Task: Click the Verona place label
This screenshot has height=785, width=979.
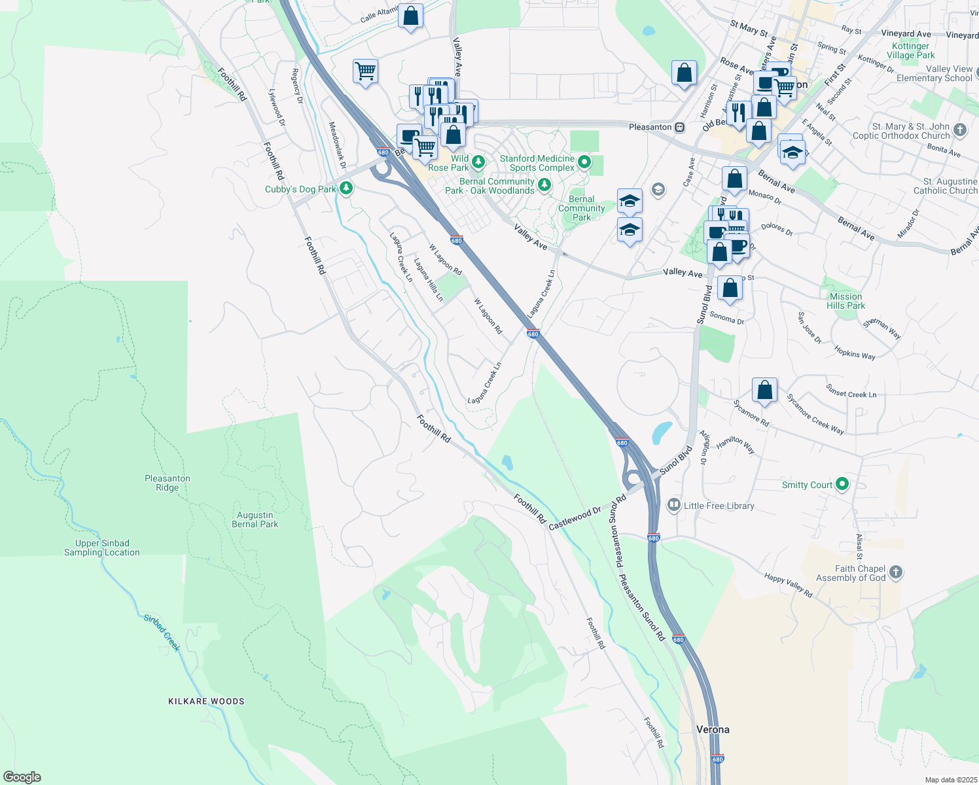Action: pyautogui.click(x=712, y=729)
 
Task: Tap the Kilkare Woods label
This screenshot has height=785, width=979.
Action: pyautogui.click(x=206, y=701)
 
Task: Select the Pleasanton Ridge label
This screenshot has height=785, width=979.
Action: pyautogui.click(x=168, y=483)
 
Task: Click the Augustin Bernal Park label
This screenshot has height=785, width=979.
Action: pyautogui.click(x=255, y=519)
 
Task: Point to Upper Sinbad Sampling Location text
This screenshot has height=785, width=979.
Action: pyautogui.click(x=101, y=548)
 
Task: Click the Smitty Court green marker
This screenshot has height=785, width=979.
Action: pyautogui.click(x=842, y=485)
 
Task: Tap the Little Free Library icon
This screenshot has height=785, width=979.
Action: pyautogui.click(x=673, y=506)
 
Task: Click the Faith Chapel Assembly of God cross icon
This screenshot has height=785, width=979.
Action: pyautogui.click(x=896, y=573)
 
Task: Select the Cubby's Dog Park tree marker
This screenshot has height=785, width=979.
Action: pyautogui.click(x=346, y=189)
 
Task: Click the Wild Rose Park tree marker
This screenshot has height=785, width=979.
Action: pyautogui.click(x=478, y=161)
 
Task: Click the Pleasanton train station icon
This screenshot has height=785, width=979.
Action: pyautogui.click(x=680, y=127)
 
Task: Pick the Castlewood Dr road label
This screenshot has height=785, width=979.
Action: pyautogui.click(x=575, y=518)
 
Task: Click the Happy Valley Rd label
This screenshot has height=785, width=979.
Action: pyautogui.click(x=788, y=585)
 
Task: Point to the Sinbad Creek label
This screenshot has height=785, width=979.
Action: pyautogui.click(x=162, y=633)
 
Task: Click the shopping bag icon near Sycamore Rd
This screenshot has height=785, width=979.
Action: pyautogui.click(x=764, y=391)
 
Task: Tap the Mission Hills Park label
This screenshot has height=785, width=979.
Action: pyautogui.click(x=845, y=301)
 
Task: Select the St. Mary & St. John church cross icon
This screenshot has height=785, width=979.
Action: pyautogui.click(x=960, y=130)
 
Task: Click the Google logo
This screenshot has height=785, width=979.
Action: pyautogui.click(x=22, y=776)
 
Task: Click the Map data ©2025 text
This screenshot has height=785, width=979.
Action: pyautogui.click(x=950, y=780)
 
